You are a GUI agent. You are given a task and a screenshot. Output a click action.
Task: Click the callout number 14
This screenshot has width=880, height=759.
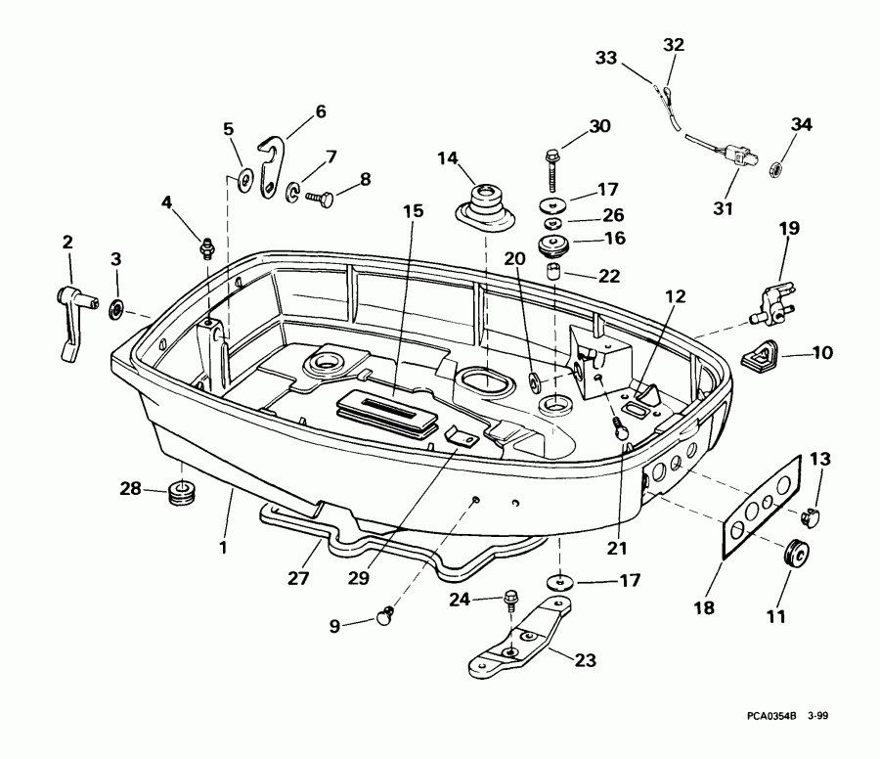[x=447, y=158]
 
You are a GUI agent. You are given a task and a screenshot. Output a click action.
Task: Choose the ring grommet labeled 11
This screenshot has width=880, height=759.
[x=796, y=555]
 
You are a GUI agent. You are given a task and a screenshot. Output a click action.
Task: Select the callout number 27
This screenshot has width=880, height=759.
[x=299, y=578]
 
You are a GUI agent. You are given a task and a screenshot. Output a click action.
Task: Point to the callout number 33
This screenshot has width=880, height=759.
[x=607, y=59]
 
